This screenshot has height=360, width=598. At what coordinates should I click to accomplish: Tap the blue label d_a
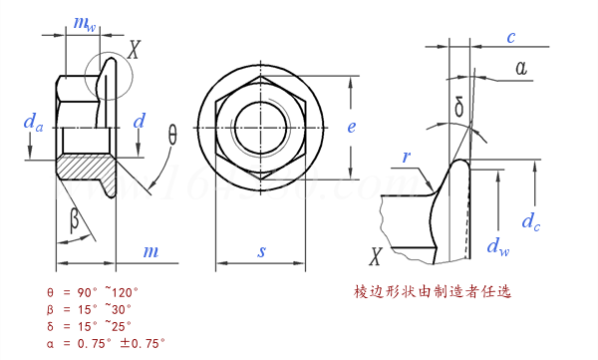[33, 123]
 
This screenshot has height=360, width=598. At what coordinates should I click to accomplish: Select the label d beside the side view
[140, 121]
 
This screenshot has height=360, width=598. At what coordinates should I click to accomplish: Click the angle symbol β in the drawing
[74, 219]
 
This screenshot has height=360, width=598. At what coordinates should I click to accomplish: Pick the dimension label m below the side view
[150, 251]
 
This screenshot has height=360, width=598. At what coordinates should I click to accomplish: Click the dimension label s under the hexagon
[261, 251]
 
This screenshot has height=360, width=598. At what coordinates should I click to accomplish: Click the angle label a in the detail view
[519, 68]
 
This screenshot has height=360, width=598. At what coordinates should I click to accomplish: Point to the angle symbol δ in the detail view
[458, 105]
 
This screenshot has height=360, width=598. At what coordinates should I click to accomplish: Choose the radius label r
[407, 157]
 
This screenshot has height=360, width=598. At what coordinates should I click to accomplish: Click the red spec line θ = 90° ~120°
[93, 292]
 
